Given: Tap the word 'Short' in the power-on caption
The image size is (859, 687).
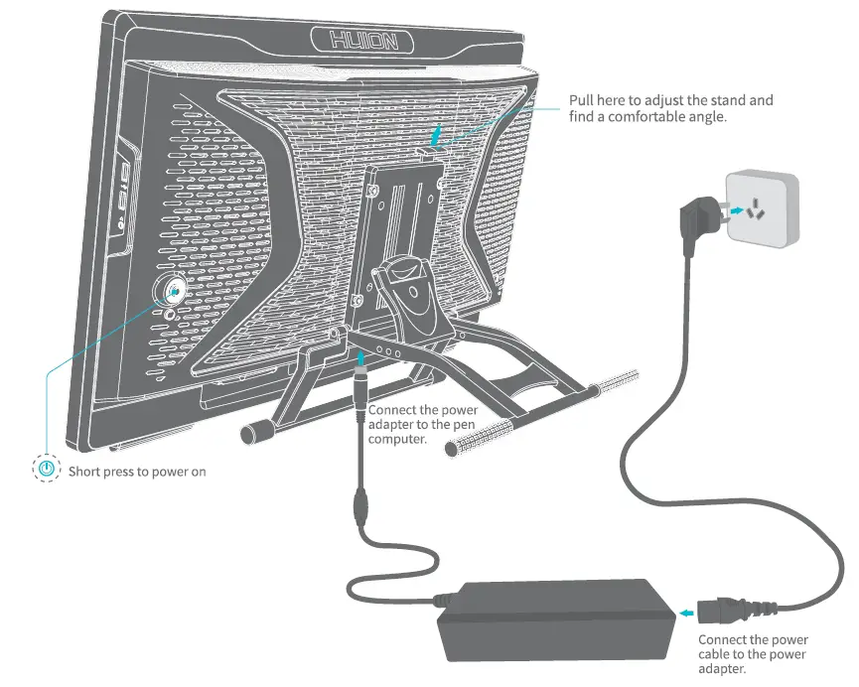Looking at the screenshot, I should (84, 471).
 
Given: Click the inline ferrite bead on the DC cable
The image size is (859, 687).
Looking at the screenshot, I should (361, 506).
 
